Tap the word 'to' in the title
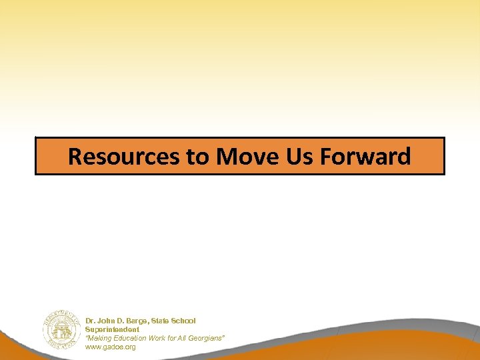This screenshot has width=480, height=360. (197, 157)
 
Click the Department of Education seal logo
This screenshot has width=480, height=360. (62, 329)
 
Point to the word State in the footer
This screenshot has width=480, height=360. (163, 321)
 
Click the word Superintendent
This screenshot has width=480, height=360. (112, 329)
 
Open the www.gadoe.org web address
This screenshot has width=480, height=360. (110, 347)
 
